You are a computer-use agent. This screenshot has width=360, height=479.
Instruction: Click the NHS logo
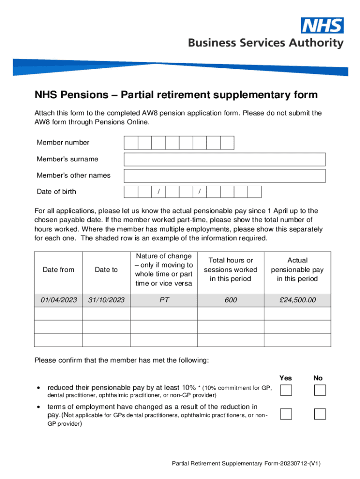pyautogui.click(x=322, y=25)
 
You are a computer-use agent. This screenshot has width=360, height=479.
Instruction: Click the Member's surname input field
pyautogui.click(x=224, y=160)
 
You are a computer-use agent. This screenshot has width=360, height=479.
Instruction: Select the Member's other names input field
pyautogui.click(x=224, y=176)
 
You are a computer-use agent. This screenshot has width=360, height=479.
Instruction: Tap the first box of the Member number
pyautogui.click(x=131, y=143)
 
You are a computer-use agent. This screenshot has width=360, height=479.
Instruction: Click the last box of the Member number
pyautogui.click(x=227, y=143)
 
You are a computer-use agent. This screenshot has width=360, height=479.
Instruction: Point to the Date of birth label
pyautogui.click(x=57, y=192)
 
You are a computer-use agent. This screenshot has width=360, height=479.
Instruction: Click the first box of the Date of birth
pyautogui.click(x=131, y=192)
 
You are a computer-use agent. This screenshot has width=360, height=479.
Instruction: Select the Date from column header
pyautogui.click(x=58, y=270)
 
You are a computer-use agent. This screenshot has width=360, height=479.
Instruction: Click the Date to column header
pyautogui.click(x=106, y=270)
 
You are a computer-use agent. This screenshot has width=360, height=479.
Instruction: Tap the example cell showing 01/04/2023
pyautogui.click(x=58, y=300)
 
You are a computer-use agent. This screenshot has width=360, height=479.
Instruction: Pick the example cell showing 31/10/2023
pyautogui.click(x=106, y=300)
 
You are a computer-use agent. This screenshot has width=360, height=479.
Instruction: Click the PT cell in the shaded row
pyautogui.click(x=164, y=300)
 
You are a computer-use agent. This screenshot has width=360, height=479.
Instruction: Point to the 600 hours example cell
pyautogui.click(x=230, y=300)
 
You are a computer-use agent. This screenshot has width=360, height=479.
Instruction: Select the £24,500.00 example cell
pyautogui.click(x=297, y=300)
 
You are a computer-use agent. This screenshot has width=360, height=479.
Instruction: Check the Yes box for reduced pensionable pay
pyautogui.click(x=286, y=390)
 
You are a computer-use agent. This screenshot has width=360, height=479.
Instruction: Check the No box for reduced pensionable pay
pyautogui.click(x=320, y=390)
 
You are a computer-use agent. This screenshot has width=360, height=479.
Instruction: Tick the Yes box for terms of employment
pyautogui.click(x=286, y=414)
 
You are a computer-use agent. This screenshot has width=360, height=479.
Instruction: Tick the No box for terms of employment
pyautogui.click(x=320, y=414)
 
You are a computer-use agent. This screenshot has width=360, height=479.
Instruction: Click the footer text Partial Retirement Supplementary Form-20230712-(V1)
pyautogui.click(x=246, y=464)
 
